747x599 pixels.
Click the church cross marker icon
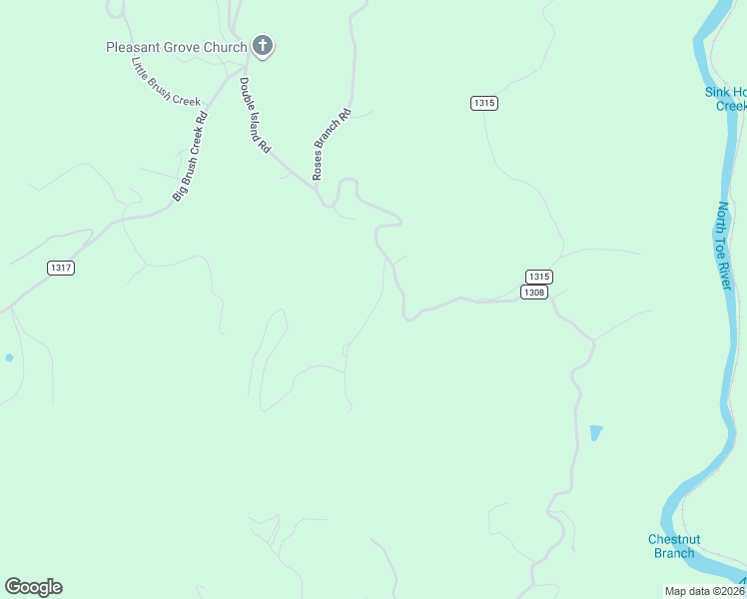[x=263, y=46]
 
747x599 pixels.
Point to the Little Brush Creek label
[x=166, y=81]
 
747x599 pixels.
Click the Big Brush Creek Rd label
[x=190, y=157]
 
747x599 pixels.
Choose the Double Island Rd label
[x=255, y=115]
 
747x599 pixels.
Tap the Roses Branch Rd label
[x=332, y=144]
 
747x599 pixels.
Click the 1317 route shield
[x=61, y=268]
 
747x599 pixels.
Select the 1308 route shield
[x=533, y=292]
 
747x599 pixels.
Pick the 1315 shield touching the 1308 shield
[x=538, y=277]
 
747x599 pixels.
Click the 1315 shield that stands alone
[x=484, y=103]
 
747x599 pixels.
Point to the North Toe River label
[x=725, y=247]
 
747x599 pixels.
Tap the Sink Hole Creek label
[x=725, y=99]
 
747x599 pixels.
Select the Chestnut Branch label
[x=674, y=546]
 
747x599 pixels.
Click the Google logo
[x=33, y=587]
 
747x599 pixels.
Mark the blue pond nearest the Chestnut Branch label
[x=596, y=432]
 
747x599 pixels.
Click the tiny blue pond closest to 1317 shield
[x=9, y=356]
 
